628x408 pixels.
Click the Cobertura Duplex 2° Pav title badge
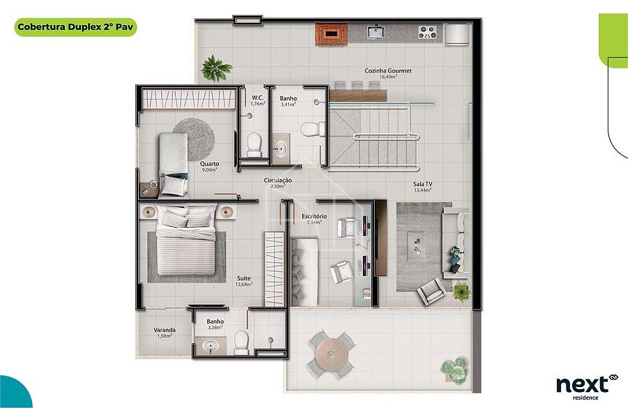(75, 27)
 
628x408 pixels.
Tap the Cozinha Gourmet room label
(388, 70)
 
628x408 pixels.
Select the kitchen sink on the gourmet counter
(376, 31)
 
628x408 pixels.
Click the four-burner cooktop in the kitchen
(427, 32)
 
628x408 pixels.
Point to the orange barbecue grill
(331, 34)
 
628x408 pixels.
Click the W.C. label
(257, 98)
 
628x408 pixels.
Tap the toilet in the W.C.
(254, 144)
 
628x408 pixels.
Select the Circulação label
(278, 181)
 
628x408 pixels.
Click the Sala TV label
(423, 184)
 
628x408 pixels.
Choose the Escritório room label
(314, 216)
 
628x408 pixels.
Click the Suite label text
(244, 278)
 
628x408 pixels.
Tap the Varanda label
(165, 330)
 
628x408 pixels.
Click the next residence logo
(587, 387)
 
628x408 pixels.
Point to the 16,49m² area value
(388, 77)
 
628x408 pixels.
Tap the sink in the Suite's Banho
(210, 346)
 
